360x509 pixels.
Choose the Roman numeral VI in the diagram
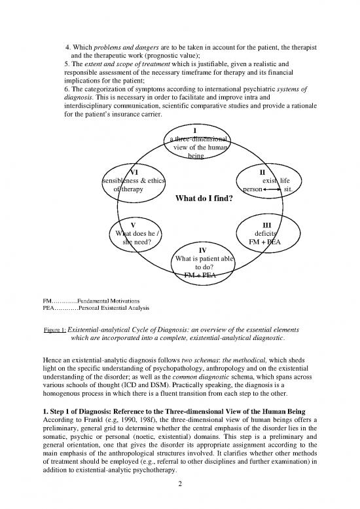pyautogui.click(x=134, y=172)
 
